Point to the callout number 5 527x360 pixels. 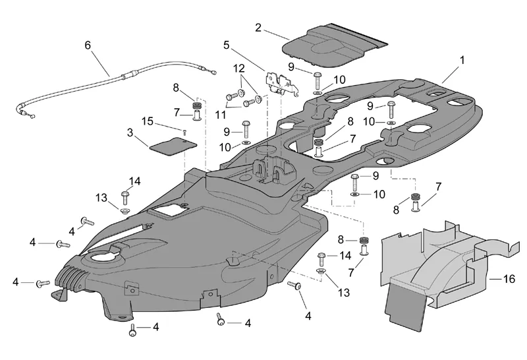pos(227,45)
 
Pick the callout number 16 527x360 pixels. pos(509,279)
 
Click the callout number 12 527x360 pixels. pos(238,68)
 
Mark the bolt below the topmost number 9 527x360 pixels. pos(317,80)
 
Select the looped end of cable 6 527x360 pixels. pos(28,116)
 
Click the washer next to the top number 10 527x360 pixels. pos(318,94)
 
